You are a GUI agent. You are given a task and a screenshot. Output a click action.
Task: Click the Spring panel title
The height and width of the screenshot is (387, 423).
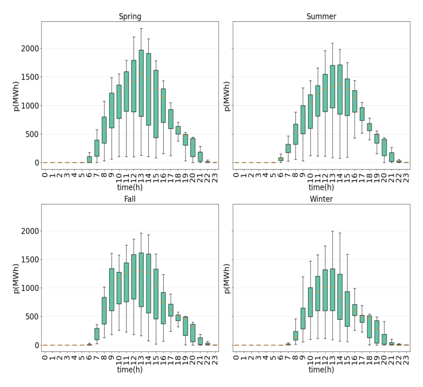click(x=130, y=17)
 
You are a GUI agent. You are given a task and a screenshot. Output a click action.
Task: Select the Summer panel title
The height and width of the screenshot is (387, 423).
click(x=321, y=17)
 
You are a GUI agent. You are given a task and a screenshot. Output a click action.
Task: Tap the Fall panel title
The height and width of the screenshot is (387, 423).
click(x=130, y=199)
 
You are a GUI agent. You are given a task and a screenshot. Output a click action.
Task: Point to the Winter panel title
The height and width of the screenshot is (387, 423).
click(x=321, y=199)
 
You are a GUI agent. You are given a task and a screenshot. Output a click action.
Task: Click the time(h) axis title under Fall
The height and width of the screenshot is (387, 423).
click(x=130, y=370)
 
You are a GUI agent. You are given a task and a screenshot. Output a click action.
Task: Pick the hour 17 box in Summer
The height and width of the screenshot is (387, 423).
click(x=362, y=114)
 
